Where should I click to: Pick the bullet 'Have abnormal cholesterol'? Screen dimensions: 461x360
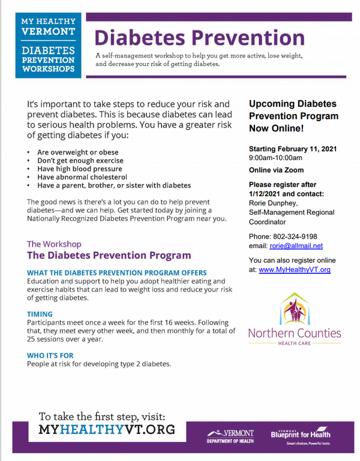[82, 177]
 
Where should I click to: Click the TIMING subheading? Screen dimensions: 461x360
[40, 313]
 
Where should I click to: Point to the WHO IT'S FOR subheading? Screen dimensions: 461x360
[50, 355]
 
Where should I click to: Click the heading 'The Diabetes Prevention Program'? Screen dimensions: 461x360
[109, 255]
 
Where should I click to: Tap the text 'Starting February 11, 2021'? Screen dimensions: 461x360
[293, 148]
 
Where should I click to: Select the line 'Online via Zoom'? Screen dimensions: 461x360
[277, 170]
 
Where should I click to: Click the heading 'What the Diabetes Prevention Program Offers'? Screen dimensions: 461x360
[117, 272]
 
